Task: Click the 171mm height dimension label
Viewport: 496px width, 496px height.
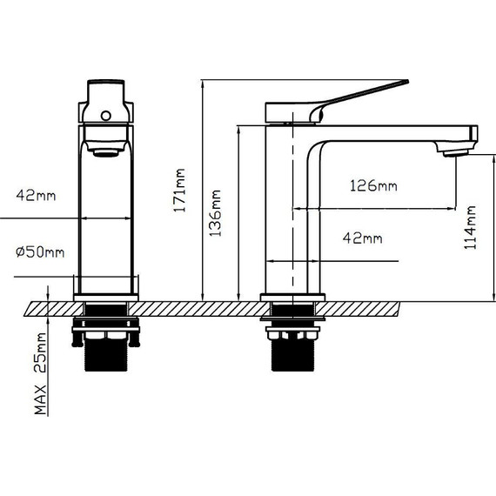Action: pos(179,190)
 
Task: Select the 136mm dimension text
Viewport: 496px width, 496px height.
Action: pos(216,213)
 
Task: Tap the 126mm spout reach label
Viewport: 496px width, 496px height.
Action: pos(373,185)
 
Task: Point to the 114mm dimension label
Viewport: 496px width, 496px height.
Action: pos(470,227)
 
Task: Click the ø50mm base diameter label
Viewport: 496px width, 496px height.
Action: pos(40,251)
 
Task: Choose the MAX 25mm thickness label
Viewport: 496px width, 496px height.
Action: pos(40,373)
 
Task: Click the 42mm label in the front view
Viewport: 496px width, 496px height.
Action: pos(36,195)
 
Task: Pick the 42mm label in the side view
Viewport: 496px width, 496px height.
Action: pos(363,238)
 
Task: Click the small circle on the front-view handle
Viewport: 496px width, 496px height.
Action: pos(106,116)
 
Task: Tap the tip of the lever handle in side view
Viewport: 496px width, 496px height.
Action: pos(407,82)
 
